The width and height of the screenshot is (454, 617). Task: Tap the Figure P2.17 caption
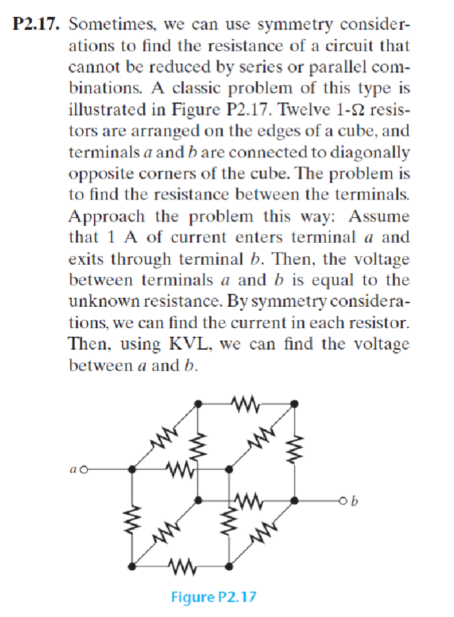(x=213, y=596)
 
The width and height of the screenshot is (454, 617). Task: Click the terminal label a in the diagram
(x=74, y=469)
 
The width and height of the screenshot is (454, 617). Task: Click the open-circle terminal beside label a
(x=85, y=469)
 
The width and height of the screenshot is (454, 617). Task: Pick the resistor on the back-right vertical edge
(x=295, y=451)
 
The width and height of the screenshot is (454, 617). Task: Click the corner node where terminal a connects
(x=132, y=469)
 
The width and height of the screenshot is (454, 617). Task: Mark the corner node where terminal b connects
(x=295, y=500)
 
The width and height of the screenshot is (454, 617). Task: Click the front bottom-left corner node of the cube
(x=132, y=566)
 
